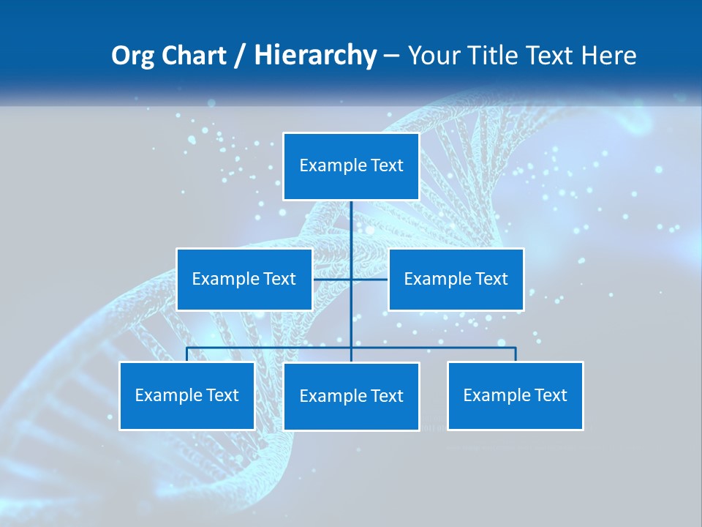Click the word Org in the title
pyautogui.click(x=132, y=56)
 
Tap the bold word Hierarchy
pyautogui.click(x=315, y=56)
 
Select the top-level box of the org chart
pyautogui.click(x=351, y=166)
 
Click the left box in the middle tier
pyautogui.click(x=244, y=279)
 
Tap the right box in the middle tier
pyautogui.click(x=456, y=279)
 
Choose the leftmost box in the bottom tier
pyautogui.click(x=187, y=395)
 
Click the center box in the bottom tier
pyautogui.click(x=351, y=396)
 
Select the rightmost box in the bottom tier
pyautogui.click(x=516, y=395)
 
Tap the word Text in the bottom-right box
pyautogui.click(x=550, y=395)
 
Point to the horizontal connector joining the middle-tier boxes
pyautogui.click(x=369, y=279)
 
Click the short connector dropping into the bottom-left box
pyautogui.click(x=187, y=354)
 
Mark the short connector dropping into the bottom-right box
pyautogui.click(x=516, y=354)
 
